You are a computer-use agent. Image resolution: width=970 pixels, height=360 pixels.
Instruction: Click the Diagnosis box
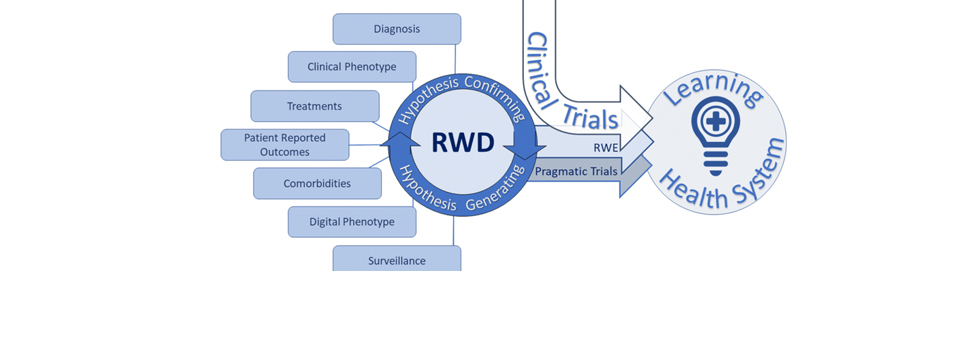(397, 29)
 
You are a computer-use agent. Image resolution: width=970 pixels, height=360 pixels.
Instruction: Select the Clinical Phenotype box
(352, 67)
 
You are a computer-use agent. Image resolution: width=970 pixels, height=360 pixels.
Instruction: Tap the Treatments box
(315, 106)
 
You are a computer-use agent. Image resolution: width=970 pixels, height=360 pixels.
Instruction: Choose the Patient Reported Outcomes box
(285, 145)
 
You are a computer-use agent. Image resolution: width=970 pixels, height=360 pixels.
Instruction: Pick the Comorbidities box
(317, 183)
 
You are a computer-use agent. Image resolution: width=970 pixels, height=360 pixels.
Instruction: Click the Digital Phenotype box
(352, 222)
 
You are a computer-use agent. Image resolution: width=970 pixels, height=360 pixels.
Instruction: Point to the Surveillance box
(397, 259)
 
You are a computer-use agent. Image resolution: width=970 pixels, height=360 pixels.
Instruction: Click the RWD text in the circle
(463, 143)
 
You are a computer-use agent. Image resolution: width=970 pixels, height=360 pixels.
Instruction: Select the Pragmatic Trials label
(576, 171)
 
